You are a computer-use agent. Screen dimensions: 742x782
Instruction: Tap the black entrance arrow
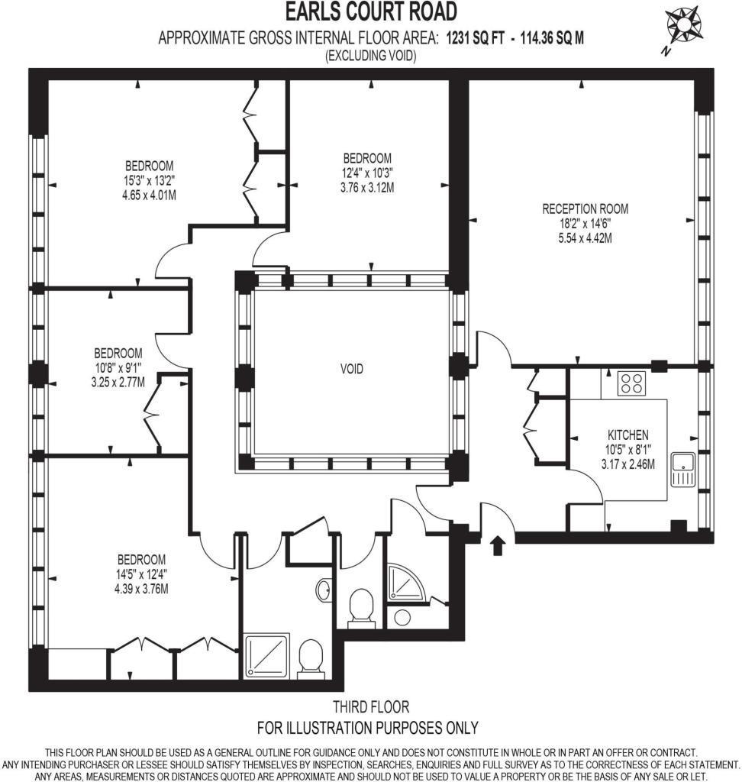coord(498,545)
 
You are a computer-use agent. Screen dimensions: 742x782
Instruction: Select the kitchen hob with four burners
coord(631,383)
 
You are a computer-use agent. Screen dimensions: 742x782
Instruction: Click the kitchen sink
coord(682,470)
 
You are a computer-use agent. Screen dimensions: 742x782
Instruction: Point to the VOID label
coord(352,369)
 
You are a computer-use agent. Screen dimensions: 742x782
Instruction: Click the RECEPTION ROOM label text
coord(585,208)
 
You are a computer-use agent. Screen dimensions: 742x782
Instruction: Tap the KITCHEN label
coord(627,435)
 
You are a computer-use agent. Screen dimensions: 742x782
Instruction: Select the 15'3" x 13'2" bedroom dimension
coord(149,179)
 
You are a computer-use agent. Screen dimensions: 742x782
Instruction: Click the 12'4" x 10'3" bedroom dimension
coord(367,173)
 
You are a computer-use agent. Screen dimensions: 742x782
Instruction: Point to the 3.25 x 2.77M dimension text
coord(119,383)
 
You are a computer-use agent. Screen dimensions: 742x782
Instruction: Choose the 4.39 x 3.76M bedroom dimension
coord(141,589)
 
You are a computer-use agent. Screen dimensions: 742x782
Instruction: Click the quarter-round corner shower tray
coord(406,581)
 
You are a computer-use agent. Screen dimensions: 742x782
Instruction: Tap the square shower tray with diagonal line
coord(266,656)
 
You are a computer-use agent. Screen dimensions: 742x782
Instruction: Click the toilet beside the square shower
coord(311,658)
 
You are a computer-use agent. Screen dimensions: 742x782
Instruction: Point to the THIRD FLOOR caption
coord(371,706)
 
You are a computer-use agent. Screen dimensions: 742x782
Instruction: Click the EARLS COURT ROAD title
coord(371,12)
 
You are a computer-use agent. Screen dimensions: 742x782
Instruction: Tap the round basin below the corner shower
coord(402,617)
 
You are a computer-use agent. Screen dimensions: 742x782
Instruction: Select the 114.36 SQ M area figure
coord(552,38)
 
